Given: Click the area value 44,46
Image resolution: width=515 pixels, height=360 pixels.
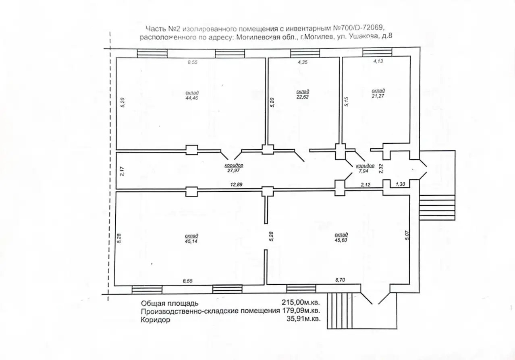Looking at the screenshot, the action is pos(192,98).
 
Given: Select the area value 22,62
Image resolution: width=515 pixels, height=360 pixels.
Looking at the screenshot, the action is pos(303,97).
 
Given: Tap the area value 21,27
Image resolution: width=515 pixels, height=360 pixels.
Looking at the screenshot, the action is pos(378,96).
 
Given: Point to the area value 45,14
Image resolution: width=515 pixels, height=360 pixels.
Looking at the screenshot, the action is pos(191,241).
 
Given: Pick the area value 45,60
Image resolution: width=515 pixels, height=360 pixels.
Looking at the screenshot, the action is pos(341,240).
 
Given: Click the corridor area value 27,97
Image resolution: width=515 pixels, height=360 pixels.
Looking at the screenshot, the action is pos(234,170).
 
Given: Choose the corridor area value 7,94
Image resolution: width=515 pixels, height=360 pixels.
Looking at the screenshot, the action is pos(363,171).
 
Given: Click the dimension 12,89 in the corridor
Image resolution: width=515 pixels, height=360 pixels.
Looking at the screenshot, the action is pos(237,184).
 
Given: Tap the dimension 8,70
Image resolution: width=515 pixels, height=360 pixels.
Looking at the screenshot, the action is pos(340,280).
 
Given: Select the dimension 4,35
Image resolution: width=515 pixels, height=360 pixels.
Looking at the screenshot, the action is pos(303,62).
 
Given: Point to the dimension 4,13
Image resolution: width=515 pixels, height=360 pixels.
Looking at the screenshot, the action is pos(378,61).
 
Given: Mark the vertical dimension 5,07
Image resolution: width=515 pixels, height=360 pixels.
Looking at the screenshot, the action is pos(407,235).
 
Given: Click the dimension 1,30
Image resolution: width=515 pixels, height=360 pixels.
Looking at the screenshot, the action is pos(400,184).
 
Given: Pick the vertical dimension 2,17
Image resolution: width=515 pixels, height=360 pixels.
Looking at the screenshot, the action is pos(122,172).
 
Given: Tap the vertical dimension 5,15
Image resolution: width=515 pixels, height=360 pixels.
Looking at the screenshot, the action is pos(347,102).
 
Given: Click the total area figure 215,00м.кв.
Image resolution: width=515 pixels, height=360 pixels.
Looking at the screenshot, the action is pos(301,302).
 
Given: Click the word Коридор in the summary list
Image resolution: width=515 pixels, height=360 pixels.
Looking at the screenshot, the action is pos(156,320).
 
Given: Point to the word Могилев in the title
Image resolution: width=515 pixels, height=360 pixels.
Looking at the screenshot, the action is pos(320,37).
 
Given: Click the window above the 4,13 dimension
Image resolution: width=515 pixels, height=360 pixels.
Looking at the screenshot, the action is pos(377,52).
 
